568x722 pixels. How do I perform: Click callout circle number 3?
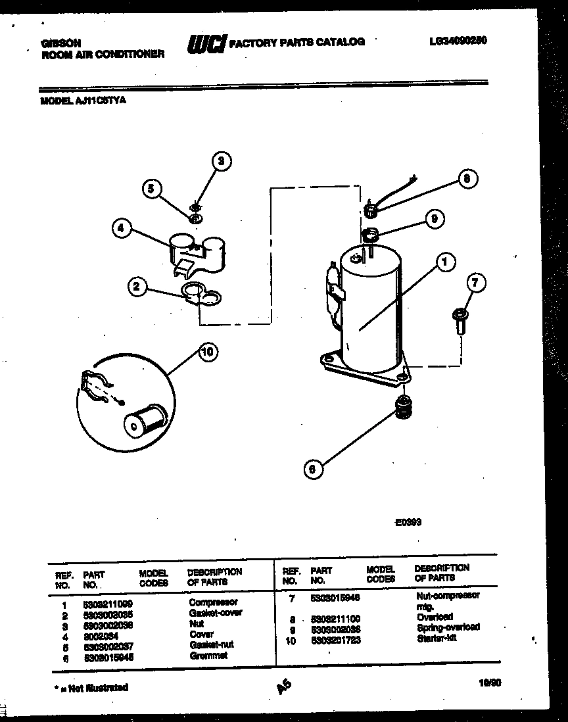click(222, 161)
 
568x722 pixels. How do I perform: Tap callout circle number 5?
click(152, 189)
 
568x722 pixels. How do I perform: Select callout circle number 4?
click(120, 229)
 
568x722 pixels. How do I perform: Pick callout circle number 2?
click(136, 286)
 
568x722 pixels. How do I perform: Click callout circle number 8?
click(467, 179)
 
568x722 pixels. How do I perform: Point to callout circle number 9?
click(435, 219)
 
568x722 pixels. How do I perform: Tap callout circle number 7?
click(476, 283)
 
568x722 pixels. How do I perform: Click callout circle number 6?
click(313, 469)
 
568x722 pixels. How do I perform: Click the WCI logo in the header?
click(206, 43)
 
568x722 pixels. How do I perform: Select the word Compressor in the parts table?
click(213, 602)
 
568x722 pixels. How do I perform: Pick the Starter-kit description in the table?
click(437, 638)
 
